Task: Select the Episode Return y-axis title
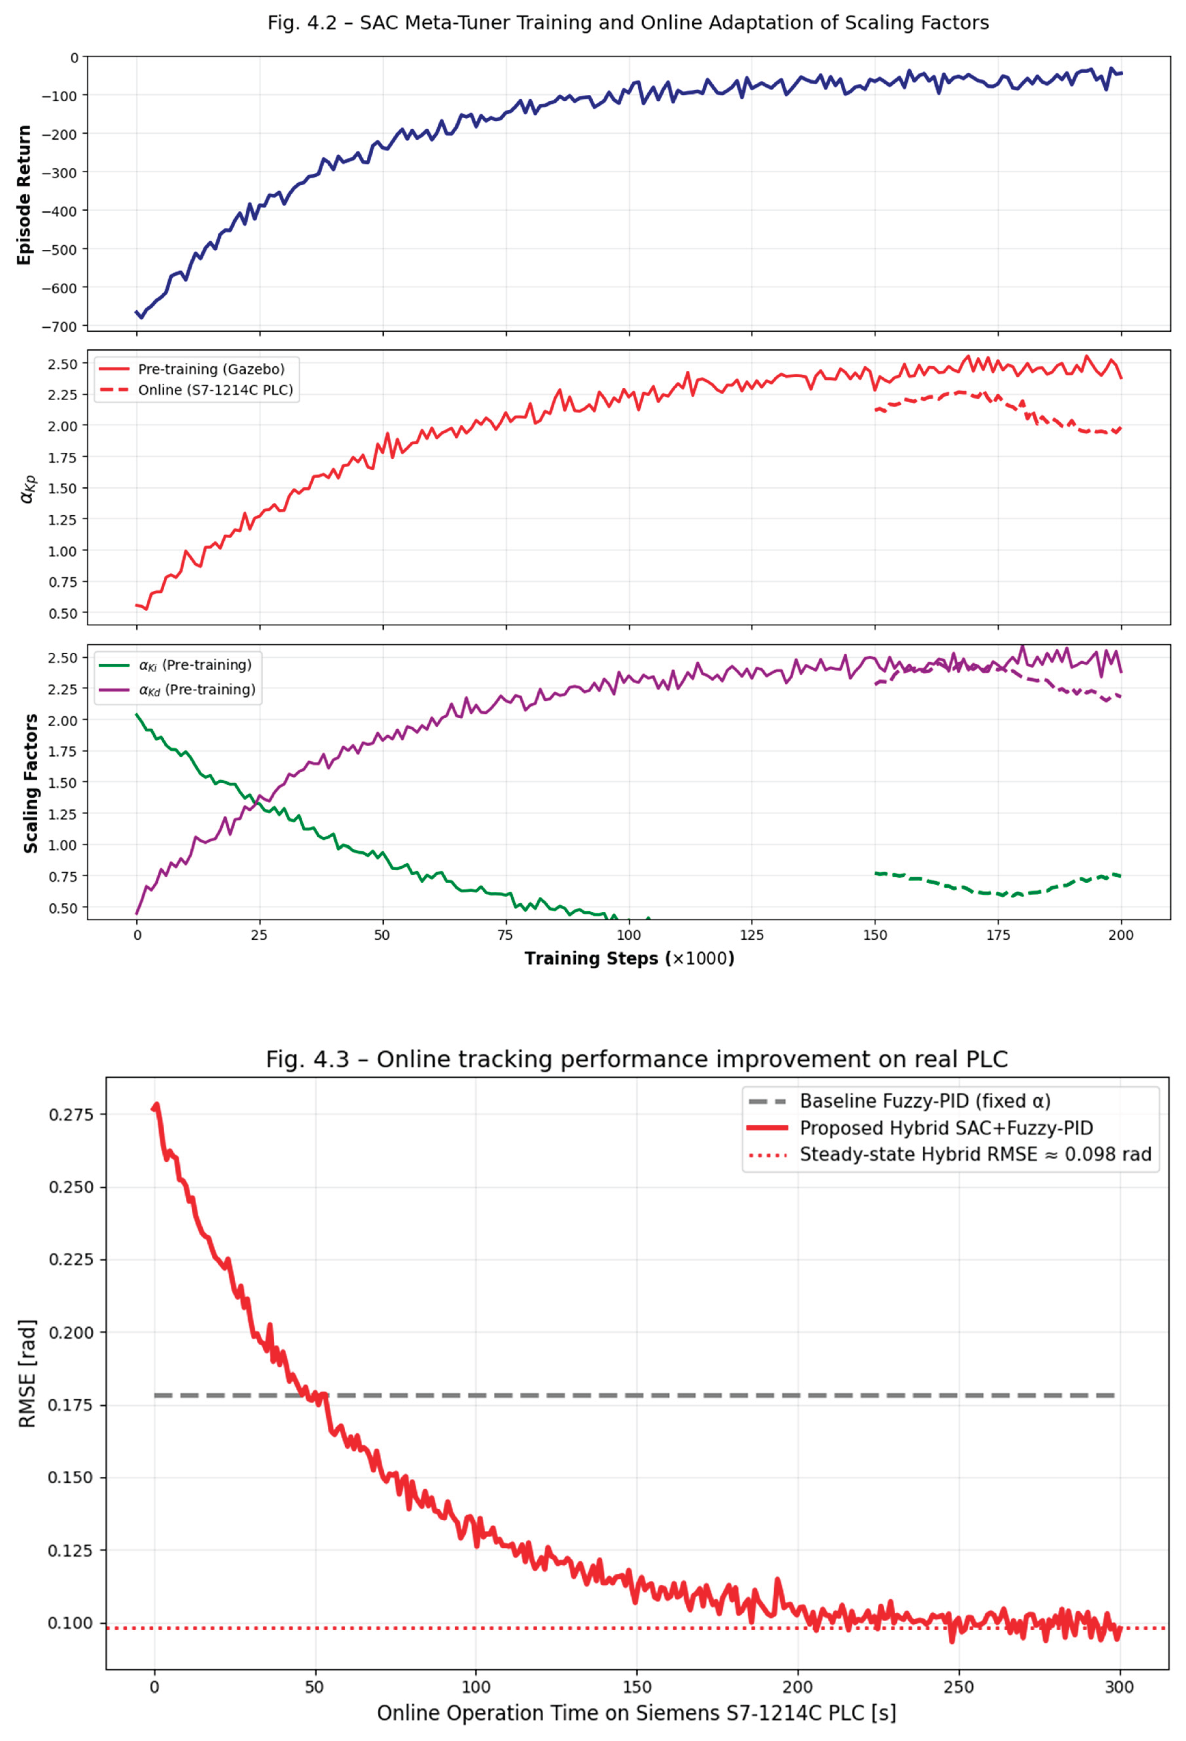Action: [25, 195]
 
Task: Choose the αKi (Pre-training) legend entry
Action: [195, 665]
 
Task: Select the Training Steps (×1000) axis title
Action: [629, 959]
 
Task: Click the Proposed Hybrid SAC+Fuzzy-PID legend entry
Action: [946, 1128]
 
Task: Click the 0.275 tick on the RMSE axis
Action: [71, 1115]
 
